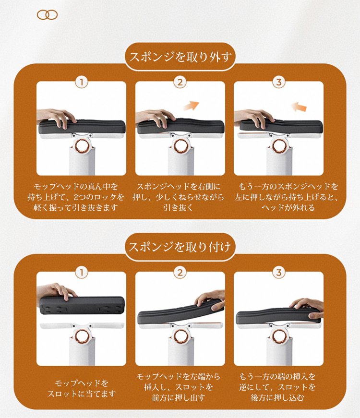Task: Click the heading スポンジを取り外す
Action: tap(180, 57)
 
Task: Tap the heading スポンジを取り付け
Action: tap(180, 247)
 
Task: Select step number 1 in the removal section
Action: tap(82, 82)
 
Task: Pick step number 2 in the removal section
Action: tap(180, 82)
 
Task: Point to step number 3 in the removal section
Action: tap(279, 82)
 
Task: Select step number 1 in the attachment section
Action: tap(82, 273)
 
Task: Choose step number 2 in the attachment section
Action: tap(180, 273)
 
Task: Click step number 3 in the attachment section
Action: tap(279, 273)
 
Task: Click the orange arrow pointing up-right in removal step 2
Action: tap(191, 106)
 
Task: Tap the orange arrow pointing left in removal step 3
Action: tap(299, 107)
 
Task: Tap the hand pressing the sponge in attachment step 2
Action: tap(211, 300)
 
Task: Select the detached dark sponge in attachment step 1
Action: tap(82, 306)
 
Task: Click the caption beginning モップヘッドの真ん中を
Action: tap(76, 197)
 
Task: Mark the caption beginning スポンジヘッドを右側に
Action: tap(179, 197)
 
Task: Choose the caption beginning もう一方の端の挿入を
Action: tap(277, 387)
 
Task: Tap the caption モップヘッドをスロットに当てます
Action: tap(82, 388)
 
